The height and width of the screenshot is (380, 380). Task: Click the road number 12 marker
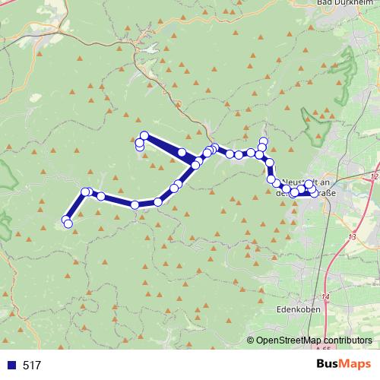point(374,176)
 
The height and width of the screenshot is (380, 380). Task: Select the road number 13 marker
point(351,238)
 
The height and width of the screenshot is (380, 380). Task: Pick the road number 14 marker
point(325,296)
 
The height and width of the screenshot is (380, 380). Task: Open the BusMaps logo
point(344,365)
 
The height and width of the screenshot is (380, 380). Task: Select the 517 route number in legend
point(32,366)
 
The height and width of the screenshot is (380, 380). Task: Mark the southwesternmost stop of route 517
point(68,223)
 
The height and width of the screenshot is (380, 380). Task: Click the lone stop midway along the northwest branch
point(182,153)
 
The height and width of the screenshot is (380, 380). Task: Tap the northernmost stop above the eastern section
point(264,141)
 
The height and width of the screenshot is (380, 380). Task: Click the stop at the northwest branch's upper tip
point(144,136)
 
